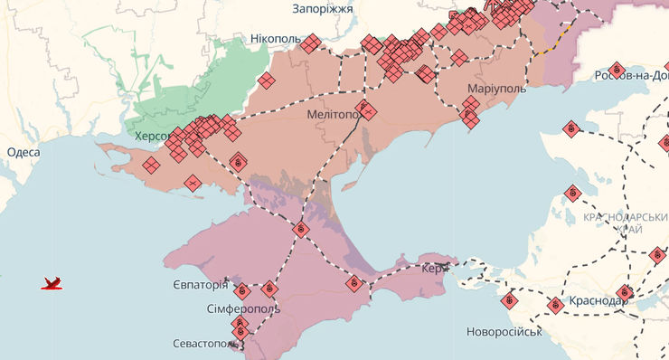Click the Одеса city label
point(24,153)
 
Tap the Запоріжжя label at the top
point(322,8)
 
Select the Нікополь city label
point(275,40)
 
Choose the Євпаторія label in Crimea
point(200,285)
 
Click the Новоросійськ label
point(504,332)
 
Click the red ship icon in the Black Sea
point(52,284)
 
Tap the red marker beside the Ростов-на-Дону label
point(617,69)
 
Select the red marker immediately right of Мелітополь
point(367,111)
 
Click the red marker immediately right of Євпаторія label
point(241,290)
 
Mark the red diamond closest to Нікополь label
point(311,43)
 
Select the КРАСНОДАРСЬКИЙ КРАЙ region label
point(625,223)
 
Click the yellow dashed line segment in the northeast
point(553,42)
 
